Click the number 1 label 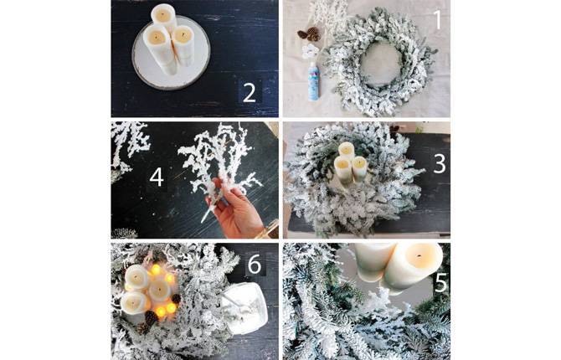[437, 19]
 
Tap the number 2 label [250, 93]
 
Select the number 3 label [440, 164]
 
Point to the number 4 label [157, 177]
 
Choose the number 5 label [440, 283]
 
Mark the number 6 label [255, 265]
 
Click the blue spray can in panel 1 [314, 81]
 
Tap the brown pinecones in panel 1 [309, 34]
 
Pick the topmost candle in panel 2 [164, 16]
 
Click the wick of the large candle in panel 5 [419, 256]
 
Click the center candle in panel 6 [159, 290]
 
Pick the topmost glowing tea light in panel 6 [156, 270]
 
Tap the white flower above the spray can [310, 52]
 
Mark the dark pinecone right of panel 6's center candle [176, 298]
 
